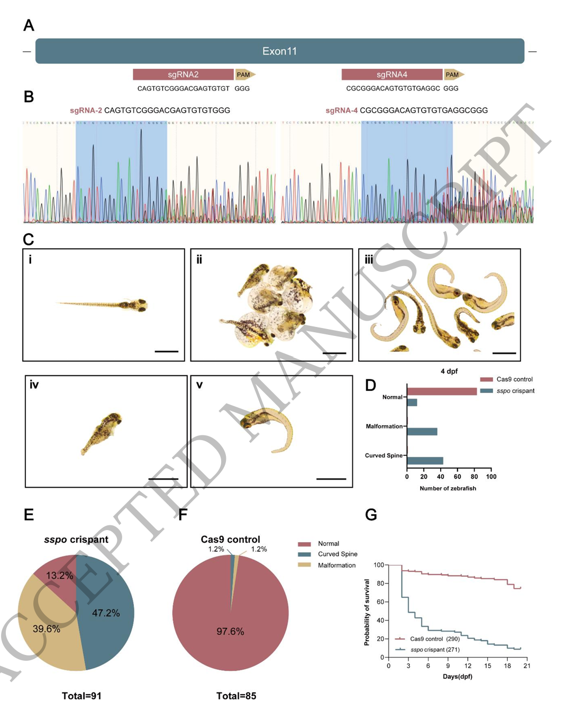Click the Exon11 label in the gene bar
(279, 51)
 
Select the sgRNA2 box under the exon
(183, 75)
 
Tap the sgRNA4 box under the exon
(391, 75)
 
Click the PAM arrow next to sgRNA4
(453, 75)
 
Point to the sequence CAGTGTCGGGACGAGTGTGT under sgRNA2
(183, 88)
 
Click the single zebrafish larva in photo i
(104, 305)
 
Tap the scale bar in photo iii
(504, 352)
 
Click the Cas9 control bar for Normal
(442, 391)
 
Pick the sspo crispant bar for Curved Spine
(425, 461)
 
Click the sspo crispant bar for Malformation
(422, 432)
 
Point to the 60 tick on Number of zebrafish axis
(458, 477)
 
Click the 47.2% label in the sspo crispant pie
(106, 613)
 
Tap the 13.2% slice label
(59, 576)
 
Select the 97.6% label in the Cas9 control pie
(230, 632)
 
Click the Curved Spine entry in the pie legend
(337, 554)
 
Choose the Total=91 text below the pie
(81, 696)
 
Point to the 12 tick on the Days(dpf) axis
(468, 666)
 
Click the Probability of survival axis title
(367, 612)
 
